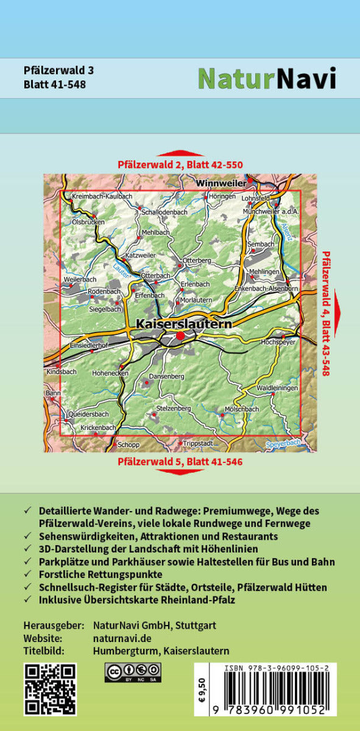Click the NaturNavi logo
coord(267,78)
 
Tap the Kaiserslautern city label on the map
coord(183,324)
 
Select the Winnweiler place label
coord(221,182)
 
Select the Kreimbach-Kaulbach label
coord(102,196)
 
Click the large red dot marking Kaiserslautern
coord(180,336)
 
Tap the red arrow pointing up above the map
coord(180,154)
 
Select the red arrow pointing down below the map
coord(180,471)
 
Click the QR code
coord(50,689)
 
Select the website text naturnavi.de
coord(122,638)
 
